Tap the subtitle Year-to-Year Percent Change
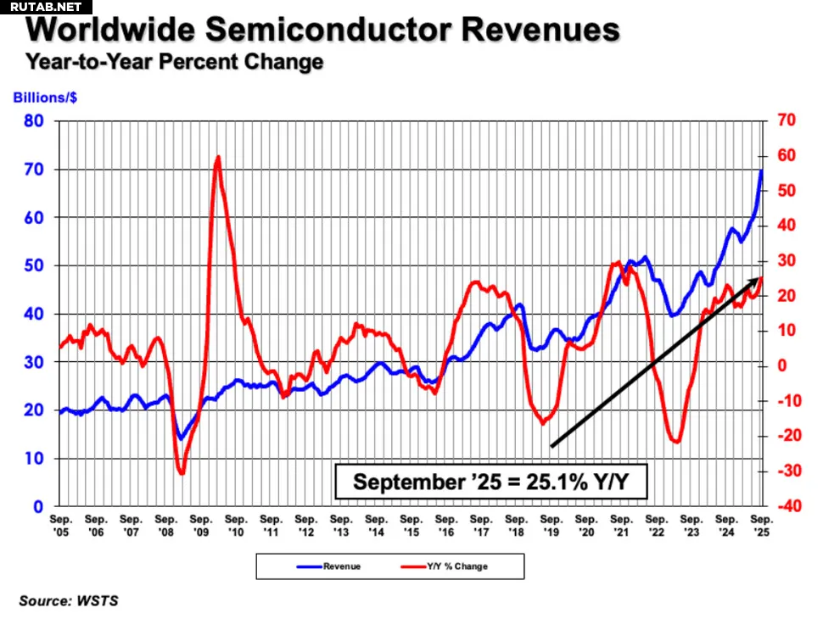click(x=174, y=62)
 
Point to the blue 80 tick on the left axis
click(x=35, y=121)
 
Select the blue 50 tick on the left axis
click(x=35, y=265)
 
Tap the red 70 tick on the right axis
click(x=785, y=121)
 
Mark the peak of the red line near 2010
click(x=218, y=157)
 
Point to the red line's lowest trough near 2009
click(x=182, y=472)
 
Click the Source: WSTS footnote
click(x=69, y=601)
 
